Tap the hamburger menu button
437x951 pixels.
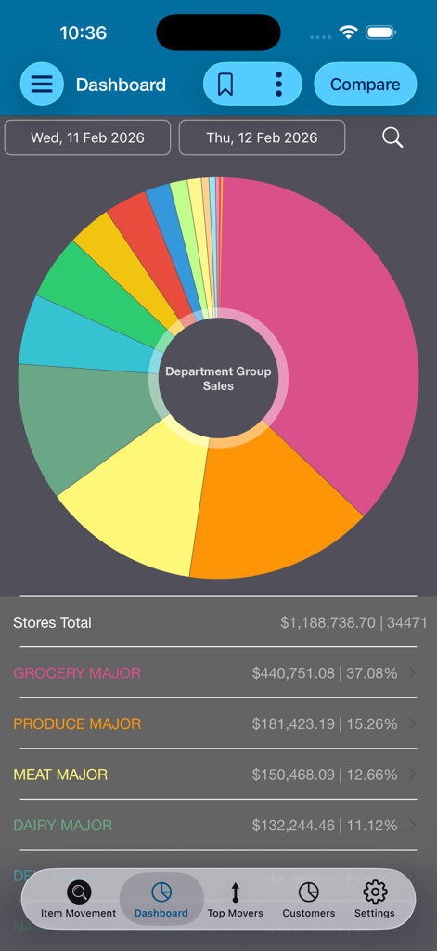coord(42,85)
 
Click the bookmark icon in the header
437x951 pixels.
coord(225,85)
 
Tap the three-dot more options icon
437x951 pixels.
coord(278,85)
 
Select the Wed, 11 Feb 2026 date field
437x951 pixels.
coord(87,137)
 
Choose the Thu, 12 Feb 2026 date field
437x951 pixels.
coord(262,137)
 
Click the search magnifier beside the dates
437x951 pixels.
coord(392,137)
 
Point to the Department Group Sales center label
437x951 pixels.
coord(218,378)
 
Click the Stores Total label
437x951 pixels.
coord(53,622)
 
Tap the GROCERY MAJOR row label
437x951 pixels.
coord(77,673)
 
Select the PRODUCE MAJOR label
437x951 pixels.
coord(77,723)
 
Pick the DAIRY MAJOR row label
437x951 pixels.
coord(62,825)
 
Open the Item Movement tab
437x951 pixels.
coord(79,899)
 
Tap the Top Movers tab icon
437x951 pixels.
coord(235,893)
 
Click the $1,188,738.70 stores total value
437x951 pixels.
coord(328,622)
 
